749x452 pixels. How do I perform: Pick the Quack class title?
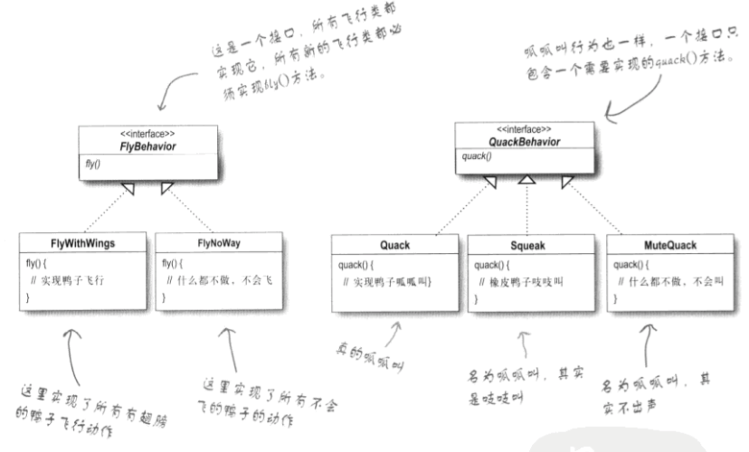click(394, 244)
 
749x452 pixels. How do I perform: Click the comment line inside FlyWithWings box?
click(75, 281)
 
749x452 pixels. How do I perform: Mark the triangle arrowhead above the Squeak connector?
click(526, 183)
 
